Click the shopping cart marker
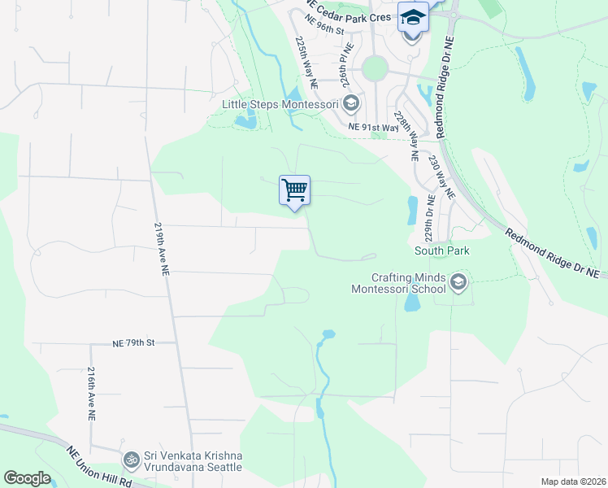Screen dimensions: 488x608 coord(294,190)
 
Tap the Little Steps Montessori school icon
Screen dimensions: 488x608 coord(351,103)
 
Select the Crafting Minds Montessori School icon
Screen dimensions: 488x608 coord(458,282)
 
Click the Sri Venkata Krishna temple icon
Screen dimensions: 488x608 coord(130,460)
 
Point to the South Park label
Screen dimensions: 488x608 coord(441,251)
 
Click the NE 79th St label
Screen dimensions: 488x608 coord(133,343)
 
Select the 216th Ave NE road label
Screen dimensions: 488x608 coord(90,392)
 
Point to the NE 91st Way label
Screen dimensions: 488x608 coord(373,127)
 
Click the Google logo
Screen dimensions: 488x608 coord(27,478)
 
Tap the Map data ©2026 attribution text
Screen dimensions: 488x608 coord(572,481)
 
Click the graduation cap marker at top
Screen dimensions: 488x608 coord(413,16)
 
